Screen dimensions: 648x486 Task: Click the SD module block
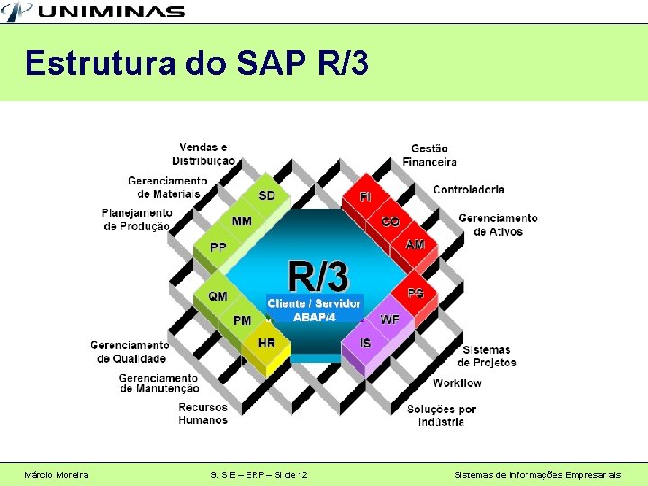pyautogui.click(x=267, y=195)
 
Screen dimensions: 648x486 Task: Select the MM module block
pyautogui.click(x=242, y=220)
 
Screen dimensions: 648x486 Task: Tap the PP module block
pyautogui.click(x=218, y=247)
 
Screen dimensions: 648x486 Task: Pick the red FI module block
pyautogui.click(x=365, y=196)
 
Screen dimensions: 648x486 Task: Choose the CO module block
pyautogui.click(x=391, y=221)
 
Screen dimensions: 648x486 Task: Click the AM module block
pyautogui.click(x=415, y=245)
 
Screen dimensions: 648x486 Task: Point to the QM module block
pyautogui.click(x=218, y=296)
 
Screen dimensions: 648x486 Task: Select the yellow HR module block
pyautogui.click(x=267, y=344)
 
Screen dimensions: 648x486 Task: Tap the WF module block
pyautogui.click(x=390, y=319)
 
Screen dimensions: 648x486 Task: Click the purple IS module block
pyautogui.click(x=365, y=344)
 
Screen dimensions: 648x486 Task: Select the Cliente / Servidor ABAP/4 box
pyautogui.click(x=314, y=310)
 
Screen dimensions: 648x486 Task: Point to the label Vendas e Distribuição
pyautogui.click(x=203, y=154)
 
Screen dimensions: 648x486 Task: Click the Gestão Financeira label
pyautogui.click(x=429, y=156)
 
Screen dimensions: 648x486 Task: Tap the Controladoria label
pyautogui.click(x=468, y=190)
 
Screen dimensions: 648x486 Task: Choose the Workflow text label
pyautogui.click(x=456, y=383)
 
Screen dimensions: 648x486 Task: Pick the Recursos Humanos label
pyautogui.click(x=202, y=413)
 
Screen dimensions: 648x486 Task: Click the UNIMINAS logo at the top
pyautogui.click(x=94, y=11)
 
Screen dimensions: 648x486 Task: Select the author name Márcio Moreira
pyautogui.click(x=56, y=474)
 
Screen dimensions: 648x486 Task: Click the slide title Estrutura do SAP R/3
pyautogui.click(x=197, y=64)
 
